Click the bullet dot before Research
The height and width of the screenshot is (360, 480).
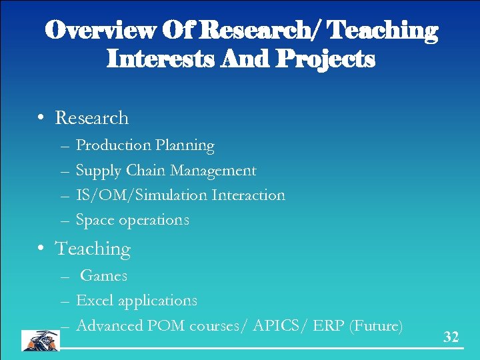coord(41,118)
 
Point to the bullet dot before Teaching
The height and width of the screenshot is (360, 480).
coord(41,249)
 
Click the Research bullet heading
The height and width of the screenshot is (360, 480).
coord(91,118)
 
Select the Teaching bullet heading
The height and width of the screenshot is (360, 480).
coord(93,249)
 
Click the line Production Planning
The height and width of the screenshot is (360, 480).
coord(145,145)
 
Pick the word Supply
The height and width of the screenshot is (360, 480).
coord(98,171)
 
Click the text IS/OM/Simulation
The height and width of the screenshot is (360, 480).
coord(141,195)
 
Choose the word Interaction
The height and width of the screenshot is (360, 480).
coord(248,195)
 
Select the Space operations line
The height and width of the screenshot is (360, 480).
coord(132,220)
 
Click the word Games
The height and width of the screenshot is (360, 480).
coord(103,275)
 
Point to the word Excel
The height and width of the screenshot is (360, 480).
coord(95,301)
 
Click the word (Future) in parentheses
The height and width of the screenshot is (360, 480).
coord(377,326)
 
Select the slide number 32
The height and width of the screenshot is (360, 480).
coord(451,337)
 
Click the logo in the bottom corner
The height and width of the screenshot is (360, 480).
coord(40,340)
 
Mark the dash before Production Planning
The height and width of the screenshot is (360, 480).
coord(63,146)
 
